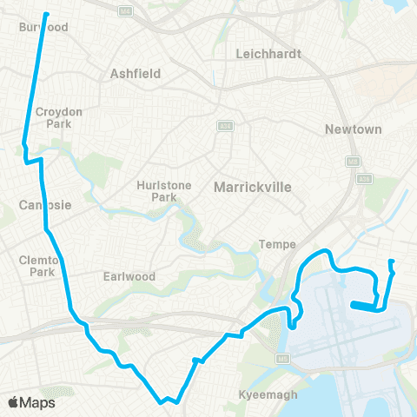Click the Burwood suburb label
[43, 27]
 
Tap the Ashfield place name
[136, 74]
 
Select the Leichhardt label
[268, 54]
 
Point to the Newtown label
[353, 129]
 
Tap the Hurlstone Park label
[157, 190]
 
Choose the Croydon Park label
[57, 118]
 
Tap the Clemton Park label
[38, 266]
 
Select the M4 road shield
[127, 10]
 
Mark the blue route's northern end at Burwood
[45, 14]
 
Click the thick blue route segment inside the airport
[365, 305]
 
